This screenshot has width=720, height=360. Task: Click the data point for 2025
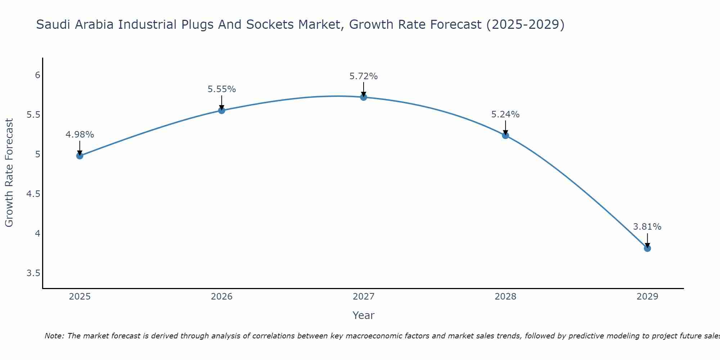[80, 156]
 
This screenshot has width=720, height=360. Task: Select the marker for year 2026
[221, 111]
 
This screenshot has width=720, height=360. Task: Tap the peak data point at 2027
[363, 97]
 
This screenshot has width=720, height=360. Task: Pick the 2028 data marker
[505, 135]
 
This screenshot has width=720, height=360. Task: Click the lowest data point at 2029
[647, 248]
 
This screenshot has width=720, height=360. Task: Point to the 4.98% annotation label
[80, 135]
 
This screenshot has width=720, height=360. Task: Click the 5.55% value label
[221, 89]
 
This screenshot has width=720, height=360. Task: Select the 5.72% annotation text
[363, 76]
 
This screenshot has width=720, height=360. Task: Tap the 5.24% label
[505, 114]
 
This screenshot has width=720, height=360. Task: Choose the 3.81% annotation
[647, 227]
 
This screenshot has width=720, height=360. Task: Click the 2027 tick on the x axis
[363, 297]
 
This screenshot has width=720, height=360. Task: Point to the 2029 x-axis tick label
[647, 297]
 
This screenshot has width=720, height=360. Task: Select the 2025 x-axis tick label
[80, 297]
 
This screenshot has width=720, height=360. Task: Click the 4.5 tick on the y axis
[33, 194]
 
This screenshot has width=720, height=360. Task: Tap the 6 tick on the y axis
[37, 75]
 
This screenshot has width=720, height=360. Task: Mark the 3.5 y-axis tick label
[33, 273]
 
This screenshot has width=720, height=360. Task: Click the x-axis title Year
[363, 315]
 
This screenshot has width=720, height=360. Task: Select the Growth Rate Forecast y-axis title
[9, 173]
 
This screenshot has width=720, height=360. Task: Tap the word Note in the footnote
[54, 336]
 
